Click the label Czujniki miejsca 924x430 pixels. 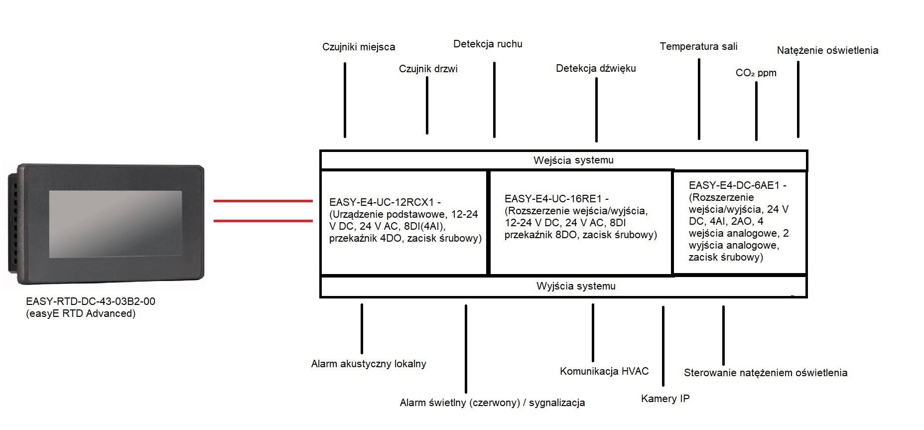(358, 47)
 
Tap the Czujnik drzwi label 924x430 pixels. (428, 69)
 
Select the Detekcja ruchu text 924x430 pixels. (488, 44)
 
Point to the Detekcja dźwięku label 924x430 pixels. (596, 68)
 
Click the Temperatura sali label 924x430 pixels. (698, 46)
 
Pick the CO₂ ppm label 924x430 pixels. (756, 73)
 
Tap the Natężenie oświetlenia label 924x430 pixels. (827, 50)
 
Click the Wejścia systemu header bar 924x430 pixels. (563, 160)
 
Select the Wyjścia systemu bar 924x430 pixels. (563, 287)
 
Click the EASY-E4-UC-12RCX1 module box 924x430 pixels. (403, 222)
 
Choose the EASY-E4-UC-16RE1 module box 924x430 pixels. (580, 222)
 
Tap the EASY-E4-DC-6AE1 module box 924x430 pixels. (739, 222)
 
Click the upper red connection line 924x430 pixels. (263, 201)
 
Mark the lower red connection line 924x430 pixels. (263, 220)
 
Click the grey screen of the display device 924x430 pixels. (115, 223)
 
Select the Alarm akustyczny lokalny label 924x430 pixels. (369, 364)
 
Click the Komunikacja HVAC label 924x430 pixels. (604, 371)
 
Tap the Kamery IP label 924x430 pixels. (665, 399)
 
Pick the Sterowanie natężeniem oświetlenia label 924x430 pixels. (765, 373)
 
